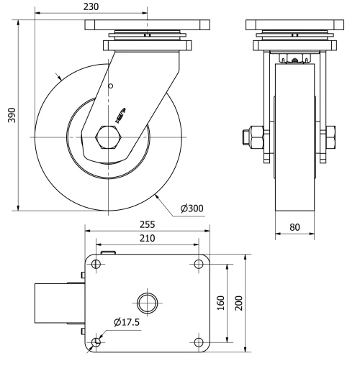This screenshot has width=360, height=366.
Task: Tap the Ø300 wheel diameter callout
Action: (x=192, y=209)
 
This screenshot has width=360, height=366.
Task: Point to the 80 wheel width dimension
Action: (x=294, y=227)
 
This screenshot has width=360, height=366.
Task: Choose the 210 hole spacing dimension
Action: (x=146, y=238)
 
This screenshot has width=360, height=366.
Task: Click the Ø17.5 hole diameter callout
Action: (x=127, y=322)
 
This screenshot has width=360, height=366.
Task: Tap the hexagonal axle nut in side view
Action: (x=107, y=137)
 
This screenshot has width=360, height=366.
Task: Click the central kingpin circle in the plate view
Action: (x=147, y=303)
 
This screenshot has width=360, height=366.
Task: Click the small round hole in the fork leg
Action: (x=110, y=87)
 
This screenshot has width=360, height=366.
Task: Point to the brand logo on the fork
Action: (x=120, y=113)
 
